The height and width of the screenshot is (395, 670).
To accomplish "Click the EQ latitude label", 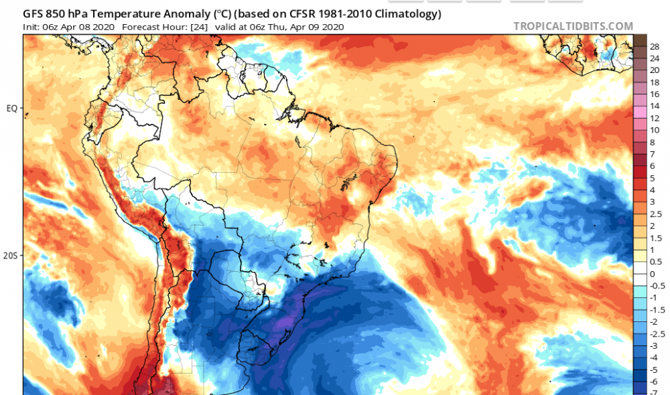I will tap(11, 107).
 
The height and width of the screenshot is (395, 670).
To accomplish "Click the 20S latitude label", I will tap(11, 256).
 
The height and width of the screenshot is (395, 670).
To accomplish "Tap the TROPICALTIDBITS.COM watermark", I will tap(573, 26).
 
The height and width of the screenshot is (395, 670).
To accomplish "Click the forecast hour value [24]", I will tap(200, 27).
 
